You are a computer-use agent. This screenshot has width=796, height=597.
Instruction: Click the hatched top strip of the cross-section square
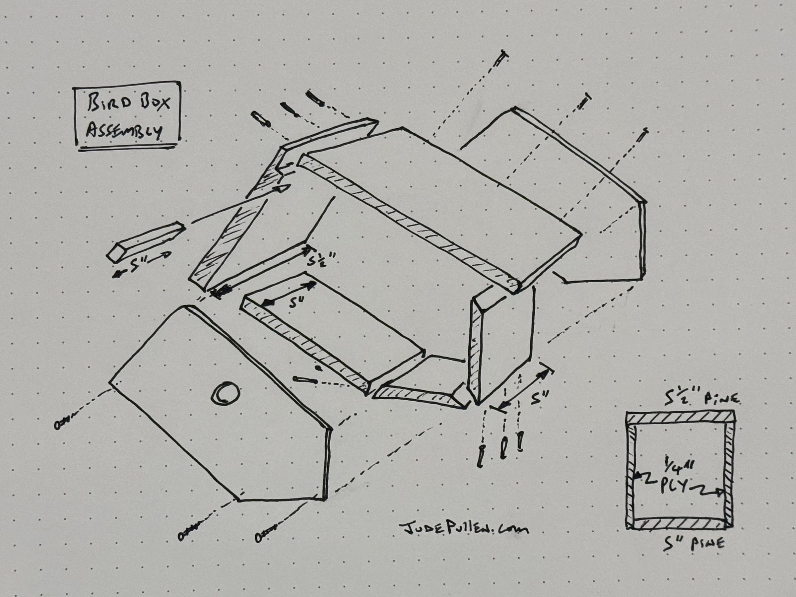pyautogui.click(x=680, y=418)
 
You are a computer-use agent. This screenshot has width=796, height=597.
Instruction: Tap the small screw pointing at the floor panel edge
pyautogui.click(x=305, y=380)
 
